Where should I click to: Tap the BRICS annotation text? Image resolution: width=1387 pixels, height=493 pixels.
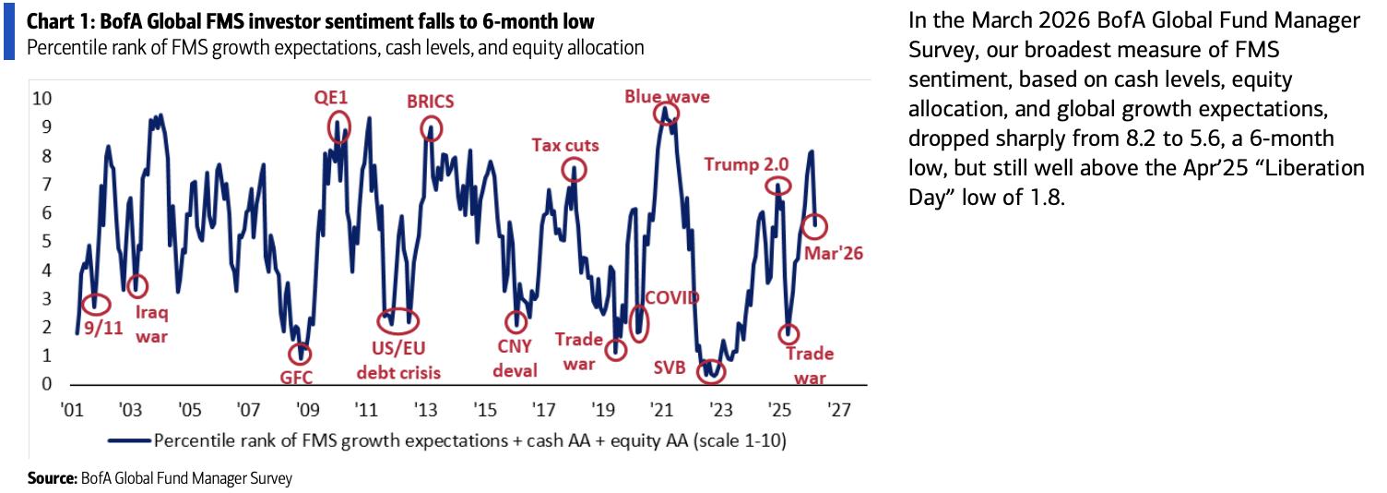pyautogui.click(x=431, y=101)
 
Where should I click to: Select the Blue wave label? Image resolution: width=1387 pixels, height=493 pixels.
pyautogui.click(x=668, y=96)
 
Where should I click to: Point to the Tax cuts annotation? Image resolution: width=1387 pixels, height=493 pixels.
pyautogui.click(x=565, y=145)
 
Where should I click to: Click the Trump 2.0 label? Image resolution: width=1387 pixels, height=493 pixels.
pyautogui.click(x=746, y=164)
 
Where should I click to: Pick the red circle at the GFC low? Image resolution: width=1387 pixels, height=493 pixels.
pyautogui.click(x=299, y=354)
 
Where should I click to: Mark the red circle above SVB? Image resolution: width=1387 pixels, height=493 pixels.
pyautogui.click(x=711, y=372)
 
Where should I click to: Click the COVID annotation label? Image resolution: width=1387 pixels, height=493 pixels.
pyautogui.click(x=672, y=297)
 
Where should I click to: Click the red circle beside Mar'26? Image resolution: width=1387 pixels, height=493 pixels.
pyautogui.click(x=815, y=225)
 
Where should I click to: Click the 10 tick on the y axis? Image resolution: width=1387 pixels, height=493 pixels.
pyautogui.click(x=42, y=99)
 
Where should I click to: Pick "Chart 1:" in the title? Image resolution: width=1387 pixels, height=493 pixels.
pyautogui.click(x=58, y=21)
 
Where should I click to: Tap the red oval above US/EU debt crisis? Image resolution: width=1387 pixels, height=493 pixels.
pyautogui.click(x=398, y=322)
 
